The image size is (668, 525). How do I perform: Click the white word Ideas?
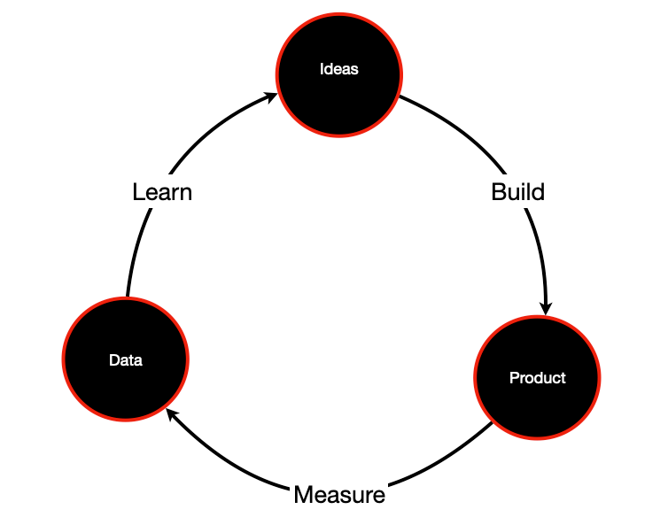coord(338,68)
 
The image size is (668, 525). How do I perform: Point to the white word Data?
coord(125,360)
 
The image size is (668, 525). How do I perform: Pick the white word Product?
coord(537,378)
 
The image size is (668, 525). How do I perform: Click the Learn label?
coord(162,191)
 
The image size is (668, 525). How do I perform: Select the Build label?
coord(517,191)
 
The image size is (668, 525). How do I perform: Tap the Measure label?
coord(339,494)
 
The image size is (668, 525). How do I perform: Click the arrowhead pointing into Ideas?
coord(270,97)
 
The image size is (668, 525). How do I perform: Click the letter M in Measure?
coord(304,494)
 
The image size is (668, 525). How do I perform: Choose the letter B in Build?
coord(499,191)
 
